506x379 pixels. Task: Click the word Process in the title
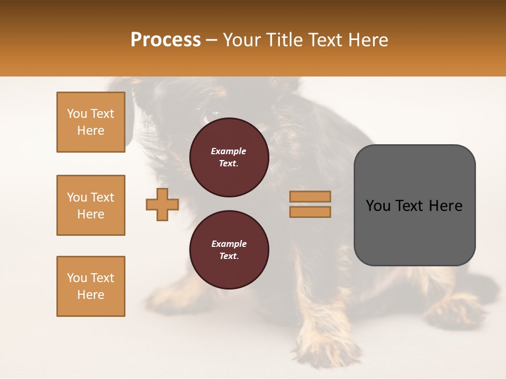(166, 39)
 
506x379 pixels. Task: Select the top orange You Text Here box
(91, 122)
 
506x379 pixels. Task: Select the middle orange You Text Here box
(91, 205)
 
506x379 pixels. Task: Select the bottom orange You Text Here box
(91, 286)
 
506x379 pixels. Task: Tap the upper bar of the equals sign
(310, 196)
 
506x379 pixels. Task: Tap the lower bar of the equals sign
(310, 212)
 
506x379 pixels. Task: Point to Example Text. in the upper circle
(229, 157)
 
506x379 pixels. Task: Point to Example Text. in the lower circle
(229, 250)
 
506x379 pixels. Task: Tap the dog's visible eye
(213, 113)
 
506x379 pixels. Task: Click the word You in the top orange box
(77, 114)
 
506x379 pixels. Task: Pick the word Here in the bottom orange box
(91, 295)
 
